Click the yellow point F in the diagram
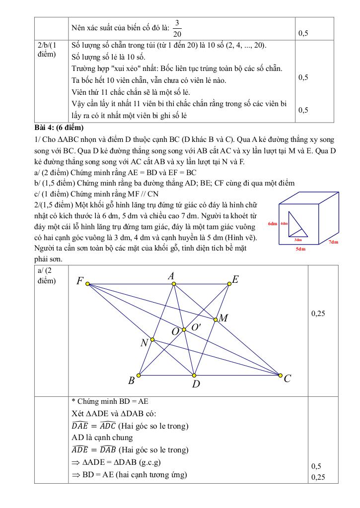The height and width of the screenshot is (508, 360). point(87,284)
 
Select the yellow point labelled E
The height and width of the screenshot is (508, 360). point(229,284)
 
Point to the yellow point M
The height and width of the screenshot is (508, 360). point(216,319)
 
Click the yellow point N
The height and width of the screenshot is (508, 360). point(152,340)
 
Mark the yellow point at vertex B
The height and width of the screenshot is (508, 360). point(139,375)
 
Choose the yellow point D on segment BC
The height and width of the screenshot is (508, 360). point(194,375)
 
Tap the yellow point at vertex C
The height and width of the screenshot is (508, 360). point(280,375)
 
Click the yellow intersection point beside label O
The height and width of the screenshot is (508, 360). point(184,329)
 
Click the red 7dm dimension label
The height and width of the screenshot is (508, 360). point(333,242)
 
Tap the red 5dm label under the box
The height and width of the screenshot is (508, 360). point(300,249)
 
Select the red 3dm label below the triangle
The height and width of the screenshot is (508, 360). point(298,240)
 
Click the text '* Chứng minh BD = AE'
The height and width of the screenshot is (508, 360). point(110,402)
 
